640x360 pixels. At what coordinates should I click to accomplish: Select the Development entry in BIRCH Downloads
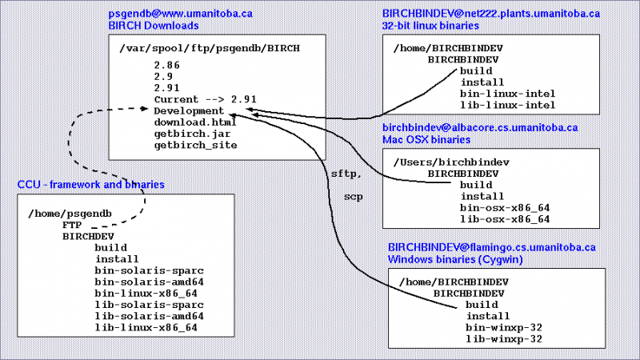[x=189, y=110]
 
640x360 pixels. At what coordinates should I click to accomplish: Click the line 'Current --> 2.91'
[x=205, y=98]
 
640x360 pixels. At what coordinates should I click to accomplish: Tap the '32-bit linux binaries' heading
[x=430, y=26]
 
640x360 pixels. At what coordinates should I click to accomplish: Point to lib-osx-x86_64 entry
[x=505, y=218]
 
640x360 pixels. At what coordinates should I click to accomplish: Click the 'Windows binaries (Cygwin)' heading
[x=450, y=258]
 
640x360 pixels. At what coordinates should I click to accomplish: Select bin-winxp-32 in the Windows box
[x=505, y=327]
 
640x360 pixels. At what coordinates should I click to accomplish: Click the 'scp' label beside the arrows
[x=352, y=195]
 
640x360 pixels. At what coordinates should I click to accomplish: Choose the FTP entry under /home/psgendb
[x=72, y=226]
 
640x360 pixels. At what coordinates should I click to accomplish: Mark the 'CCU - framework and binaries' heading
[x=91, y=185]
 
